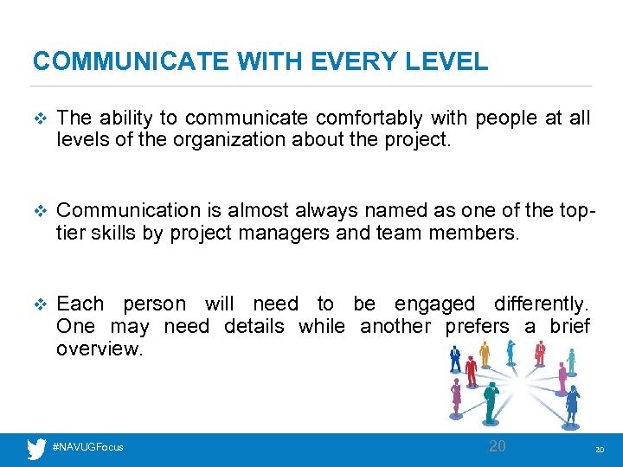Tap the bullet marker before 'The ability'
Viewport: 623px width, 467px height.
(36, 118)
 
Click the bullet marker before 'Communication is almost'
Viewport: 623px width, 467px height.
(36, 211)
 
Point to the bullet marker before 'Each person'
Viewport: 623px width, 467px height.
(36, 304)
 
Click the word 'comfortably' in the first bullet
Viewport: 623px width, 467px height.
(368, 118)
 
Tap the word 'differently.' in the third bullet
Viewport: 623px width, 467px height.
(542, 304)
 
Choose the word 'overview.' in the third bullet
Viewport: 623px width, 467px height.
(97, 349)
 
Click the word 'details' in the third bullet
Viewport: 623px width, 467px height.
(254, 326)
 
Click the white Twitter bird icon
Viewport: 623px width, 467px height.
(36, 448)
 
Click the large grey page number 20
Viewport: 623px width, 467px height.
(497, 446)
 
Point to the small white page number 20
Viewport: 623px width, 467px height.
(599, 450)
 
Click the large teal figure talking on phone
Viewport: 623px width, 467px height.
(491, 400)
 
